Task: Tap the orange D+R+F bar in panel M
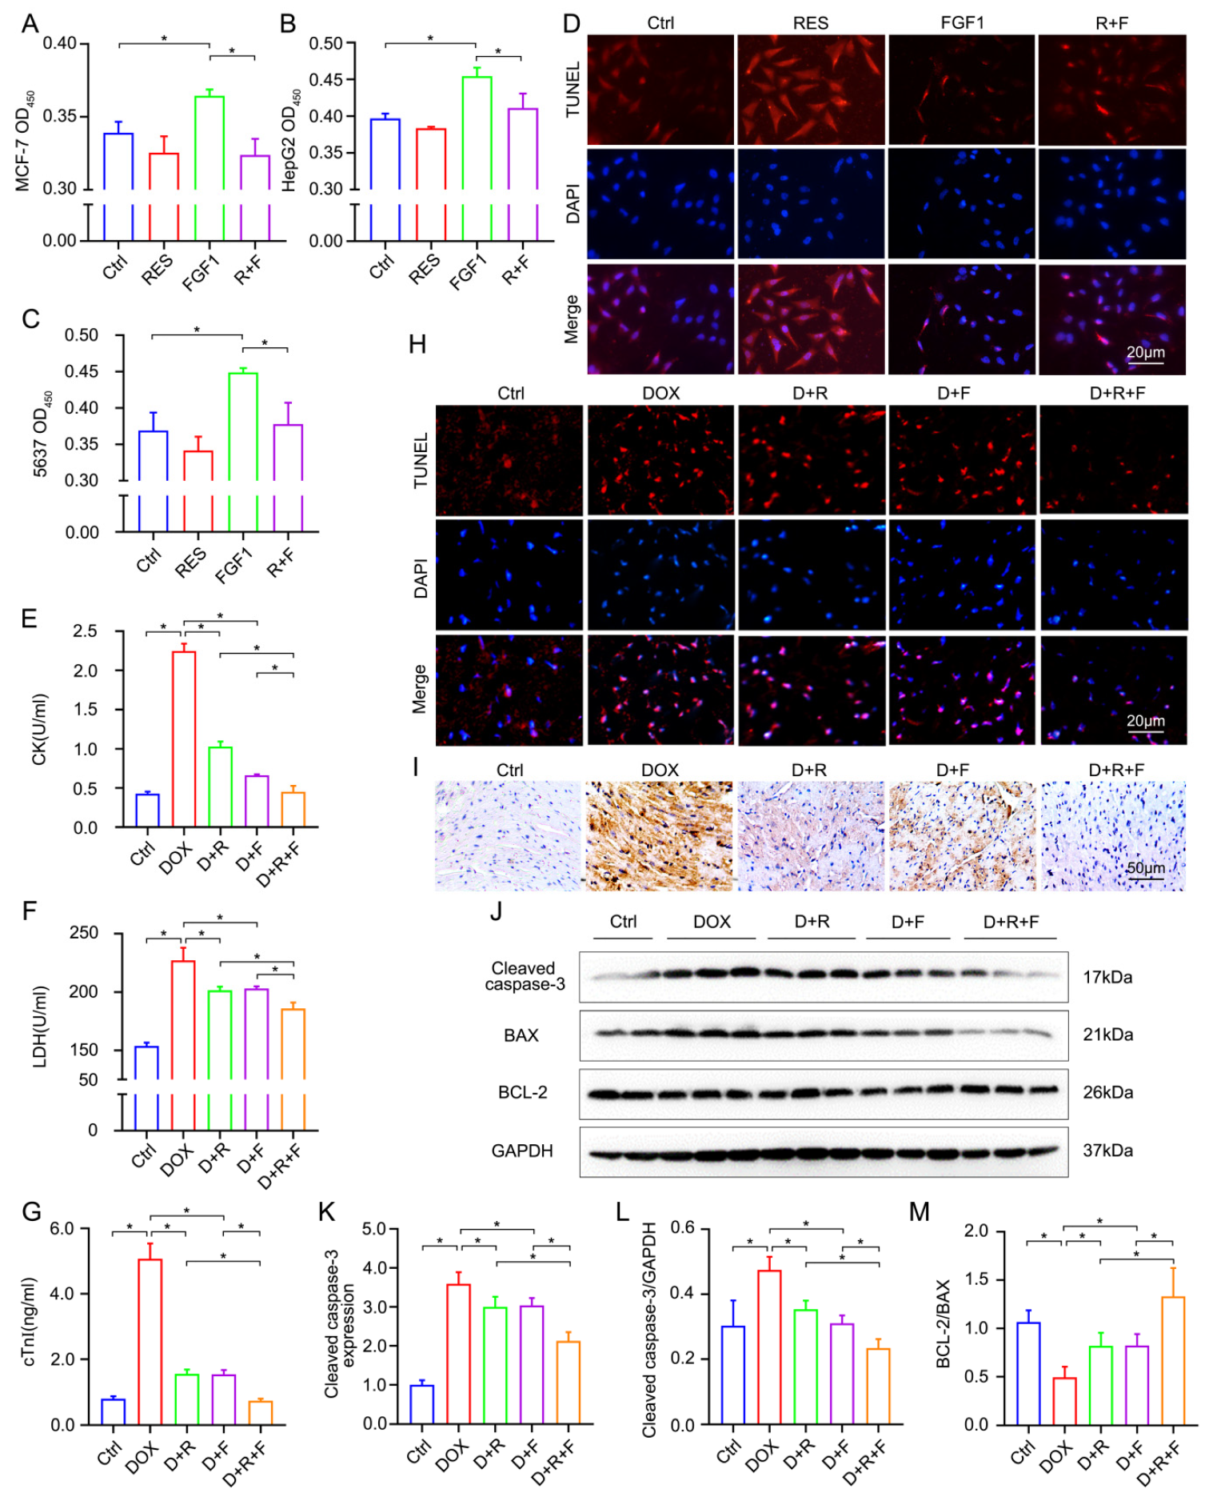pyautogui.click(x=1173, y=1360)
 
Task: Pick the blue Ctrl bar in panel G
pyautogui.click(x=113, y=1411)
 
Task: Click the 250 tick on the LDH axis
pyautogui.click(x=84, y=933)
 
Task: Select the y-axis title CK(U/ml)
pyautogui.click(x=38, y=729)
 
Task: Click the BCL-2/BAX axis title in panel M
pyautogui.click(x=943, y=1323)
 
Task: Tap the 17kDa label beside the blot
pyautogui.click(x=1107, y=977)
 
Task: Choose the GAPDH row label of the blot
pyautogui.click(x=522, y=1151)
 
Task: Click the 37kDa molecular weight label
pyautogui.click(x=1107, y=1151)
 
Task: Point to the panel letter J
pyautogui.click(x=496, y=911)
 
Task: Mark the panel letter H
pyautogui.click(x=417, y=345)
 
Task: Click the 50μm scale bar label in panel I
pyautogui.click(x=1145, y=868)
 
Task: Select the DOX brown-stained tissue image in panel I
pyautogui.click(x=660, y=836)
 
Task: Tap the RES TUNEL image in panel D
pyautogui.click(x=810, y=90)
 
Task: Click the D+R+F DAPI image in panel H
pyautogui.click(x=1113, y=574)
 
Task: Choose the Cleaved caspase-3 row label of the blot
pyautogui.click(x=525, y=976)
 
